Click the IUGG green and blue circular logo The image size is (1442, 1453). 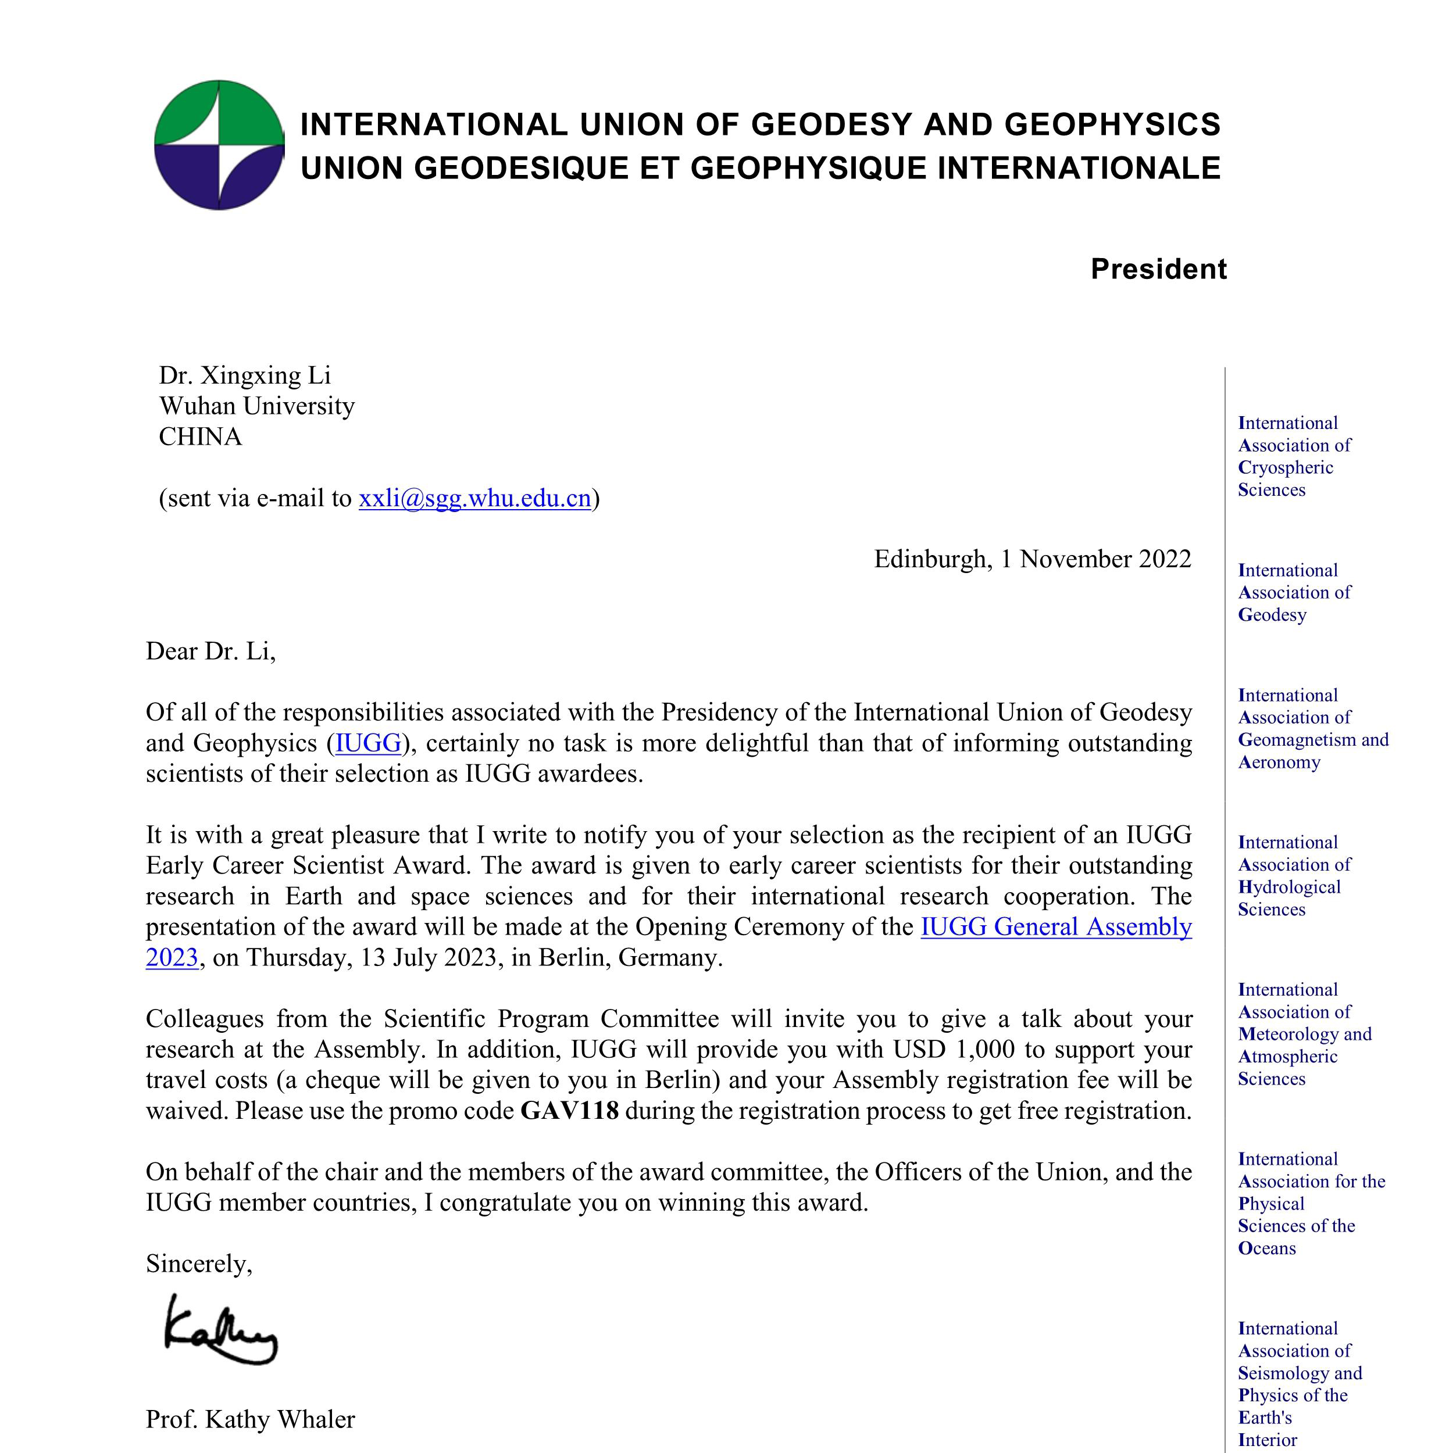(x=219, y=145)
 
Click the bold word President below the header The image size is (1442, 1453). (x=1158, y=269)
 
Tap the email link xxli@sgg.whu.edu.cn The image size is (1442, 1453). (x=474, y=499)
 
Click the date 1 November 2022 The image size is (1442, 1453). (x=1095, y=559)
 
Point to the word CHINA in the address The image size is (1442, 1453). (x=200, y=437)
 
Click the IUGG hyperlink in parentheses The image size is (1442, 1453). (x=368, y=743)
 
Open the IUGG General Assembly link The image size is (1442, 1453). (x=1055, y=926)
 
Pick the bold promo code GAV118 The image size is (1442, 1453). (x=569, y=1111)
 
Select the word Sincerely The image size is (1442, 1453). (x=199, y=1264)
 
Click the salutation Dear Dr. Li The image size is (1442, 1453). (x=210, y=652)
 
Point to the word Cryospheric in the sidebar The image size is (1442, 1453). (x=1286, y=468)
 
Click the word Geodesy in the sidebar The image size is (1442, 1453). (x=1272, y=615)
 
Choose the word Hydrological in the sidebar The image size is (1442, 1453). (x=1289, y=887)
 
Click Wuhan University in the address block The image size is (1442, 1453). (x=256, y=406)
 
